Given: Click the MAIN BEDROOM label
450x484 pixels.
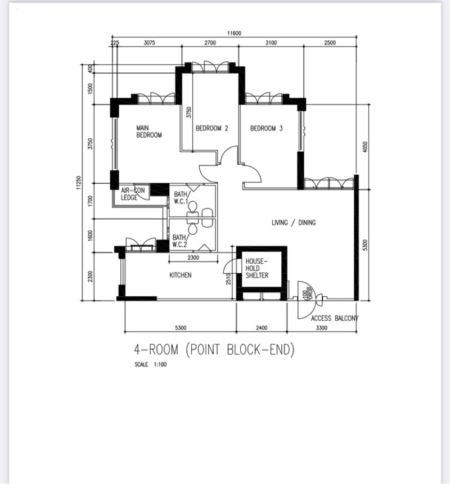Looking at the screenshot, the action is click(149, 131).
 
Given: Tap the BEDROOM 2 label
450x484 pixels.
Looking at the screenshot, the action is click(212, 128).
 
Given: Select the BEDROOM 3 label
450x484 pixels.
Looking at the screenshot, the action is click(266, 128).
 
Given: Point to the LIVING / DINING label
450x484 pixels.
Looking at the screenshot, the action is click(294, 223).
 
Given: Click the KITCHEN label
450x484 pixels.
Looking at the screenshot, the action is click(181, 275).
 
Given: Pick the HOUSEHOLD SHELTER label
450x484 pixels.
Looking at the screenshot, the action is click(257, 268).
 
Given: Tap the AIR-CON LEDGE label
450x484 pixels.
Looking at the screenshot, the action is click(133, 194).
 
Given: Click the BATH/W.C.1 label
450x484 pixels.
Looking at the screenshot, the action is click(181, 198).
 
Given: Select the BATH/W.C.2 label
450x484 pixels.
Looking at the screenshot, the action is click(179, 241).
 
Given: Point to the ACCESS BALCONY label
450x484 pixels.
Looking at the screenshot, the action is click(335, 318).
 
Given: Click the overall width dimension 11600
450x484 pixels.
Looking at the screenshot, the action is click(234, 33).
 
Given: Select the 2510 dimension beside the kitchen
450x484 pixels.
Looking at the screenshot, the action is click(228, 279).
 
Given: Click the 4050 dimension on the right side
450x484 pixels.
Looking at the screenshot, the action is click(365, 147).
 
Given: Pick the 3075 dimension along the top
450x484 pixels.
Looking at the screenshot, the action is click(149, 43).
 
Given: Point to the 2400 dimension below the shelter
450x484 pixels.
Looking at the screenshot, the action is click(262, 328).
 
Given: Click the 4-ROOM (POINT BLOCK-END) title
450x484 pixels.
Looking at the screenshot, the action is click(214, 350).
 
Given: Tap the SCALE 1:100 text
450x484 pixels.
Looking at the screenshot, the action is click(151, 364).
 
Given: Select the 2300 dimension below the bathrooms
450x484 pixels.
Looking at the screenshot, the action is click(193, 257).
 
